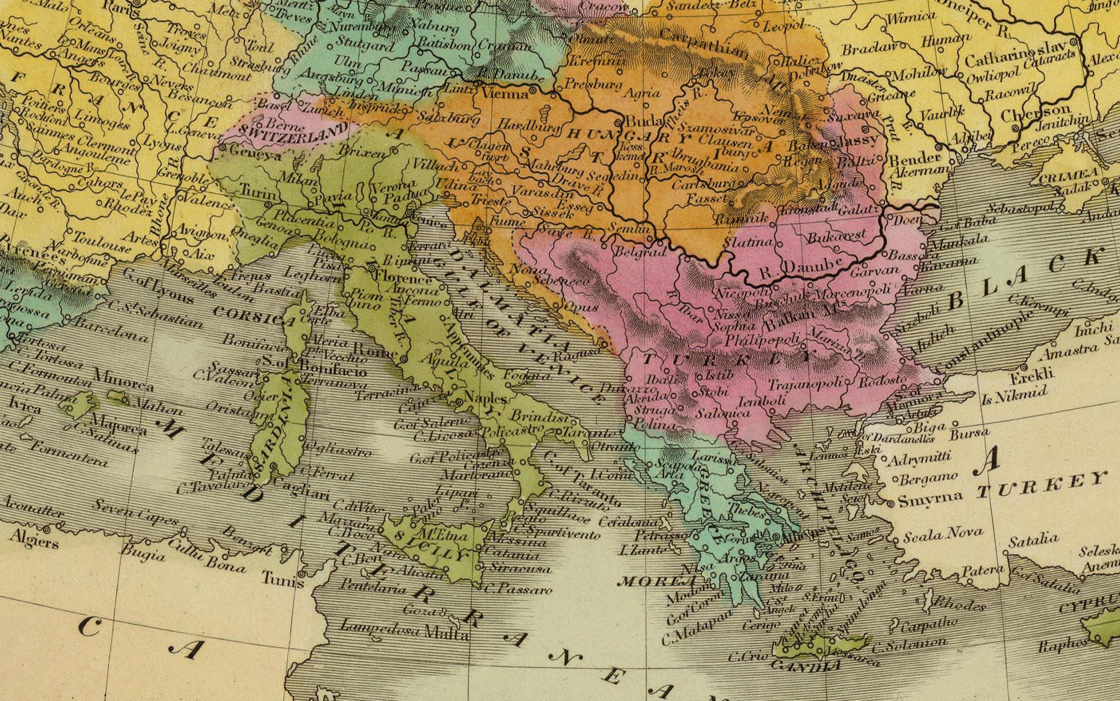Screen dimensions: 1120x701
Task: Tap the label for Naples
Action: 485,397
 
